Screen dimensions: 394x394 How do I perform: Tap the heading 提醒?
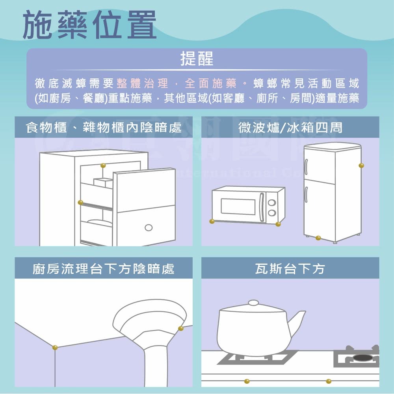click(197, 59)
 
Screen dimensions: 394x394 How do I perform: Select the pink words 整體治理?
click(142, 84)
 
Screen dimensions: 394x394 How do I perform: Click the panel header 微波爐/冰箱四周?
click(290, 128)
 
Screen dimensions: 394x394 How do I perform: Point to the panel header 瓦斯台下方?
click(290, 269)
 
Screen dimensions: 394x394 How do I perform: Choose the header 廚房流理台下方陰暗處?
click(103, 269)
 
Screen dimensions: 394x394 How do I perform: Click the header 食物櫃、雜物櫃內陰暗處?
click(103, 128)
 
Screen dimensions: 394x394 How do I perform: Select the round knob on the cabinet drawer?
click(149, 227)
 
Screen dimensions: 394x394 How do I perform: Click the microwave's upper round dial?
click(272, 203)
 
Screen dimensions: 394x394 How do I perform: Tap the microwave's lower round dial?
click(272, 213)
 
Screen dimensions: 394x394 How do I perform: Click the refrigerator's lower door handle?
click(306, 194)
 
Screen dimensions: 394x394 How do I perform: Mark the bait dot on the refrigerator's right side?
click(361, 165)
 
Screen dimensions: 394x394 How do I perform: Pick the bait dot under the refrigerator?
click(318, 238)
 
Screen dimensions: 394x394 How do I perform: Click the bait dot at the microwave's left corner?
click(212, 221)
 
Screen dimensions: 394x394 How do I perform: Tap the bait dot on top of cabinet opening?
click(103, 165)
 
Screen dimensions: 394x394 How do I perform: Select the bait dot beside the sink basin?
click(180, 328)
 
